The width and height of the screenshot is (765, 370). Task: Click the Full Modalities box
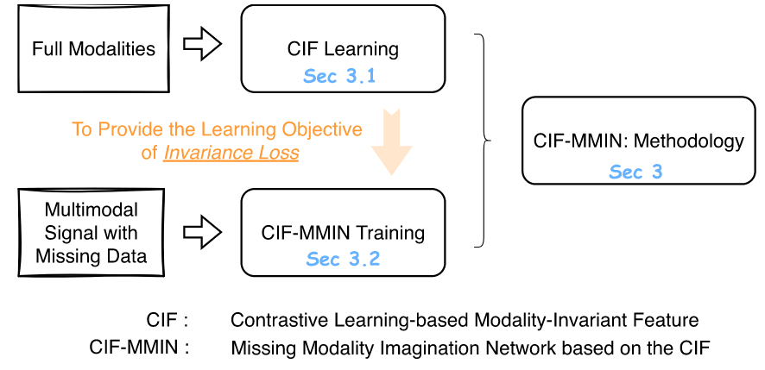tap(93, 48)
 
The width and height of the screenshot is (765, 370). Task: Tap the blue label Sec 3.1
tap(339, 76)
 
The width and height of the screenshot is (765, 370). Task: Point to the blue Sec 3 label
tap(635, 172)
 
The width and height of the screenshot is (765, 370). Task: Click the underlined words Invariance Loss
tap(231, 153)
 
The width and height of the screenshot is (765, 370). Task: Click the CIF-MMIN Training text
tap(343, 233)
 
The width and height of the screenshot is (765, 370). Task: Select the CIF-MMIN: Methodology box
tap(638, 140)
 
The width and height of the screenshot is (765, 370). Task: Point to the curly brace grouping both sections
tap(484, 138)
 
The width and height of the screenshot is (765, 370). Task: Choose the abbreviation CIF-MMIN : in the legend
tap(139, 348)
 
